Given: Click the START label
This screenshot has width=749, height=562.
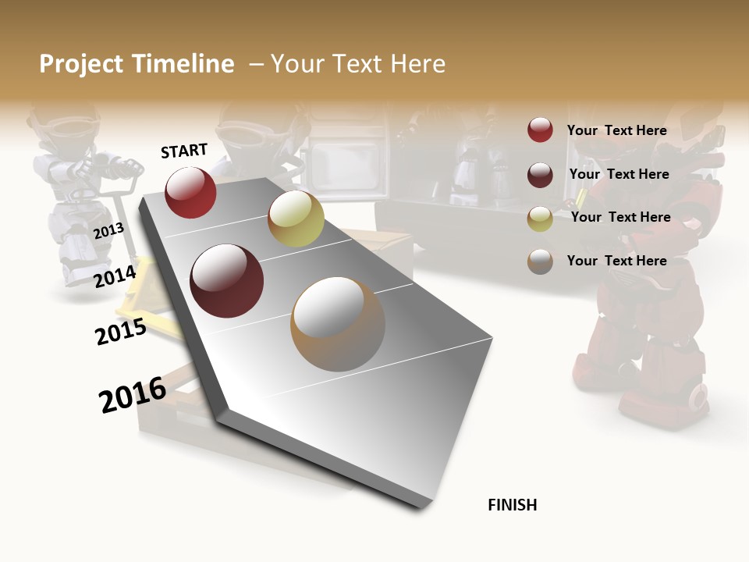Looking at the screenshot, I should click(x=184, y=151).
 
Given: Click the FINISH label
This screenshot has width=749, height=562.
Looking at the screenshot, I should click(x=513, y=505).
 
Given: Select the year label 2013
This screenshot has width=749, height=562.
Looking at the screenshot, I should click(x=108, y=230).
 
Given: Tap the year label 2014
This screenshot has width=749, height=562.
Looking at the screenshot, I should click(x=115, y=276).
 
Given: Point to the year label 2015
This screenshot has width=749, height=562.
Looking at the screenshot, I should click(x=121, y=332).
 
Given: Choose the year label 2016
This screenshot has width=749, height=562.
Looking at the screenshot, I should click(x=133, y=394).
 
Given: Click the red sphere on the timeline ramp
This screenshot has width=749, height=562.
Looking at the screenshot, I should click(x=190, y=192).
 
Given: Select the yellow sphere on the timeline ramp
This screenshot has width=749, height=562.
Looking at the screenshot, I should click(x=296, y=219).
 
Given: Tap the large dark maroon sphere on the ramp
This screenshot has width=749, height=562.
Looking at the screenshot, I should click(x=227, y=281).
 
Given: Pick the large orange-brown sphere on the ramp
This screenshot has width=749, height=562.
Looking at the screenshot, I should click(x=338, y=323).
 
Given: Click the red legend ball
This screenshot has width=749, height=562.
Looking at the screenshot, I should click(x=540, y=130).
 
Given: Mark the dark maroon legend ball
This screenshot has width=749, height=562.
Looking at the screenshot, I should click(x=540, y=174).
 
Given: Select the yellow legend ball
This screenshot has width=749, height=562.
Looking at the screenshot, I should click(x=540, y=218).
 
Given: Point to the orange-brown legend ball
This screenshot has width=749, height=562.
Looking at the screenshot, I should click(x=540, y=261).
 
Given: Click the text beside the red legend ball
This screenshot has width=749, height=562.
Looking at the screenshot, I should click(x=617, y=130).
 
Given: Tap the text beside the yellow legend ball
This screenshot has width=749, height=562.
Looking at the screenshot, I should click(x=621, y=217).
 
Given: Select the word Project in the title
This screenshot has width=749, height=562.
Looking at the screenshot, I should click(x=81, y=64).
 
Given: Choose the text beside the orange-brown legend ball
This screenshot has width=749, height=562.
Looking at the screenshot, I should click(x=617, y=261).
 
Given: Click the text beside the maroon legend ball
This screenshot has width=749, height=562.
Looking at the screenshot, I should click(x=619, y=174).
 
